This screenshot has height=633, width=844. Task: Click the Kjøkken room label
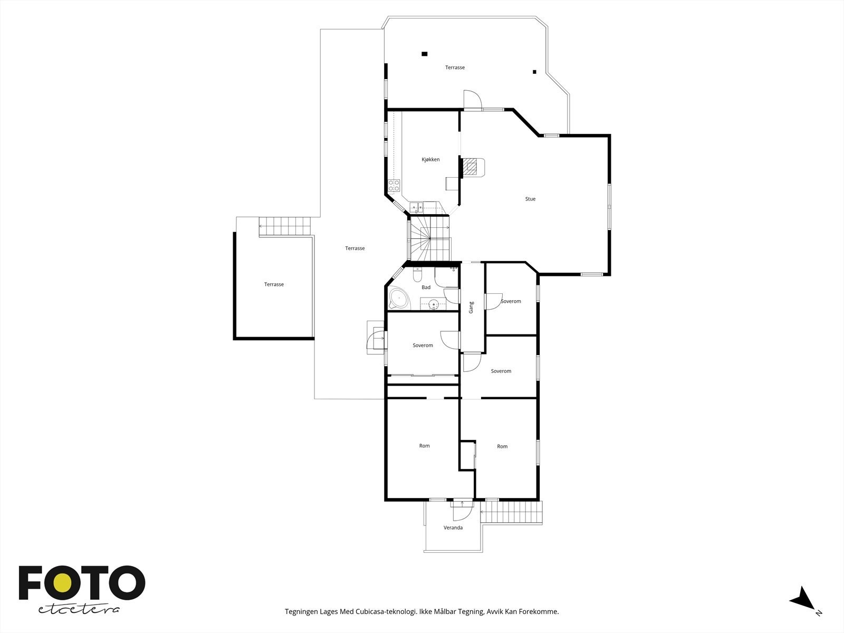pos(430,159)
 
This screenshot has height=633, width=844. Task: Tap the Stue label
pos(530,199)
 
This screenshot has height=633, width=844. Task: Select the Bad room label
pos(426,287)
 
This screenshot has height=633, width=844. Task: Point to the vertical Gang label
pos(471,308)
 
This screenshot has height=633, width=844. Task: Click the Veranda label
pos(453,527)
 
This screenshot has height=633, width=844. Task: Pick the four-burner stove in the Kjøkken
pos(394,186)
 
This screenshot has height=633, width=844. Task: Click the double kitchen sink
pos(416,207)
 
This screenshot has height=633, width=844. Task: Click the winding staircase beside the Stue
pos(430,238)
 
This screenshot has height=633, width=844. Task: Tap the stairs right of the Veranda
pos(511,512)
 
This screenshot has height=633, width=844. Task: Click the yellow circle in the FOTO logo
pos(62,583)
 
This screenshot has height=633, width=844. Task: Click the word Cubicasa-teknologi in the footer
pos(386,611)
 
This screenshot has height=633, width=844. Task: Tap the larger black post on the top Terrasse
pos(425,54)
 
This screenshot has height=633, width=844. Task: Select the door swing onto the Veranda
pos(462,511)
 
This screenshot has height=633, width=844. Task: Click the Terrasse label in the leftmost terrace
pos(274,284)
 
